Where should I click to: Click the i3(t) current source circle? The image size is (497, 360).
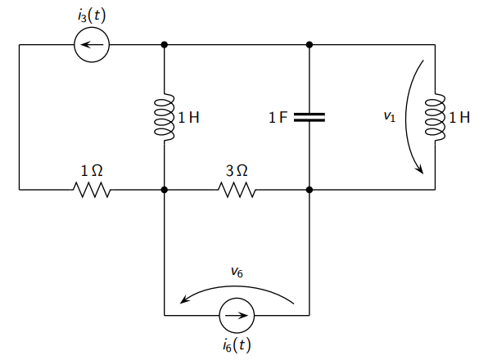92,45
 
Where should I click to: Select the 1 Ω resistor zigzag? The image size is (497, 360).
92,190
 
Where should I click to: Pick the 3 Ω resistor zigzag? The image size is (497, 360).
237,190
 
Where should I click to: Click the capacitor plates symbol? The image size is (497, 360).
309,117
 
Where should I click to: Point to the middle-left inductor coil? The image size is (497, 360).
165,117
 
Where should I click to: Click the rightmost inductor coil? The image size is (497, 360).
434,117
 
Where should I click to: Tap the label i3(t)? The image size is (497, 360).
91,15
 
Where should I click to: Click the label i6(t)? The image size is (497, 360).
237,345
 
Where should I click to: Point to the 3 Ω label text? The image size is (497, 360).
237,171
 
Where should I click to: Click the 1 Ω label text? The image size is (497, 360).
92,171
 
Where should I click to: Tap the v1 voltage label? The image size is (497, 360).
389,118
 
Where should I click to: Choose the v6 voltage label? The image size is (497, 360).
237,272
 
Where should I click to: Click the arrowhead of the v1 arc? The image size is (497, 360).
421,170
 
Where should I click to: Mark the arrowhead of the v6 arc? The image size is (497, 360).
185,300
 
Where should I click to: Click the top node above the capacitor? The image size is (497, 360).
309,45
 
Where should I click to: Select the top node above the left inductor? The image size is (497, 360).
165,45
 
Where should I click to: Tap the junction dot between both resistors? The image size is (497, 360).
165,190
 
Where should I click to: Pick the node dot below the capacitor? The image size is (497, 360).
309,190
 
